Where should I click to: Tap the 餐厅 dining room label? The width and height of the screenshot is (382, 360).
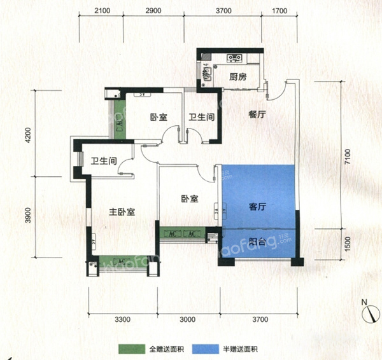[257, 115]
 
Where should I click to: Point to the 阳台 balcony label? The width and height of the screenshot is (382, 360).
[257, 241]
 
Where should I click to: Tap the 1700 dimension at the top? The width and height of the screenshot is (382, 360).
[279, 10]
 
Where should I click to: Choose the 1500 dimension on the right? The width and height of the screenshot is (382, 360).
[344, 244]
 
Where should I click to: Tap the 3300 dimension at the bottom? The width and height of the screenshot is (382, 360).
[122, 319]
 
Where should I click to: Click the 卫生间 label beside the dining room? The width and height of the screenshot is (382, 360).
[200, 117]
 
